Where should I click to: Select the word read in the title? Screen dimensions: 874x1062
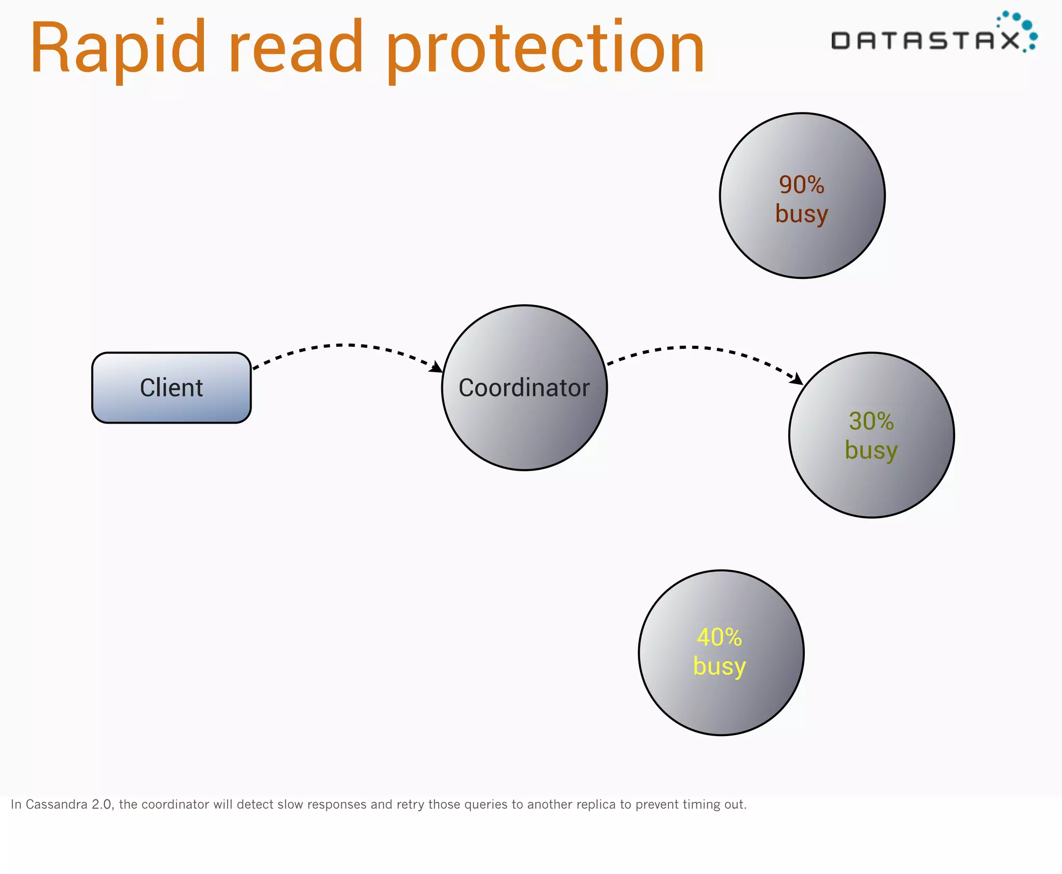(x=296, y=48)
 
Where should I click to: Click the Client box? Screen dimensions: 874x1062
(x=171, y=388)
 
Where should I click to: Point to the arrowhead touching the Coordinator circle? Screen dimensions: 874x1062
(x=437, y=367)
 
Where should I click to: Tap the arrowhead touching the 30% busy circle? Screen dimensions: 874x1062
(x=796, y=379)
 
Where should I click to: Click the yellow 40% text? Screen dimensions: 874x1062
(x=719, y=637)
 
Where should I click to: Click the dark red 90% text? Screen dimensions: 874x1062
(x=801, y=185)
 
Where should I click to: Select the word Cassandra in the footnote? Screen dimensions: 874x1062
(x=57, y=804)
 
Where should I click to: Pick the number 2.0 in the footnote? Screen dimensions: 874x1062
(x=102, y=804)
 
